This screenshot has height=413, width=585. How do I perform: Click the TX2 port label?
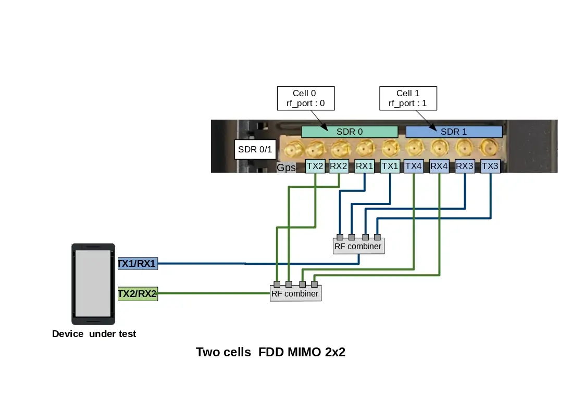click(x=316, y=166)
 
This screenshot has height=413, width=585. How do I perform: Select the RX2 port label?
click(x=339, y=166)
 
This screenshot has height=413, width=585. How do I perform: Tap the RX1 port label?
click(x=365, y=166)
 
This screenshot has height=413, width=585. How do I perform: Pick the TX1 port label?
click(x=390, y=166)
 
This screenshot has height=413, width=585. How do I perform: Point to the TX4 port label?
click(x=414, y=166)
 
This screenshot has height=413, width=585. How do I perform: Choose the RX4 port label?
click(x=439, y=166)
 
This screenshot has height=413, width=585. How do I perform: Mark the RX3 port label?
click(x=465, y=166)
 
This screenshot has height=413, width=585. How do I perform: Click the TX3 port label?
click(x=490, y=166)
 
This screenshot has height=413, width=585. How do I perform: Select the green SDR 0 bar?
click(x=350, y=132)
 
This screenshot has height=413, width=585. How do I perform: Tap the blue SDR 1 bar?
click(x=454, y=132)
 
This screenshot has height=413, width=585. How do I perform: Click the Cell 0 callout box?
click(x=305, y=98)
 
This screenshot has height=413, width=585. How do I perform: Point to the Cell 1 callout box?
click(x=408, y=98)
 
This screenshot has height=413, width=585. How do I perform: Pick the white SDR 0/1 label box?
click(x=255, y=150)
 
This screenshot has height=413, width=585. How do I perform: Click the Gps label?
click(x=286, y=167)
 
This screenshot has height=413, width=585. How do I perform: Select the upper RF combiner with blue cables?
click(x=358, y=246)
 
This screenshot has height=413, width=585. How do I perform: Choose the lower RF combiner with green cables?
click(x=295, y=293)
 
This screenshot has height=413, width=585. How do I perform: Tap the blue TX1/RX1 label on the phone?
click(x=138, y=264)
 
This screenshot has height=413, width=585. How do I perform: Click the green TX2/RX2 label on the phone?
click(x=138, y=294)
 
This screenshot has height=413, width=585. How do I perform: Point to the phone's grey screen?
click(x=93, y=283)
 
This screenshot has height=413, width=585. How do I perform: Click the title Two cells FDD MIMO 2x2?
click(x=270, y=352)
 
